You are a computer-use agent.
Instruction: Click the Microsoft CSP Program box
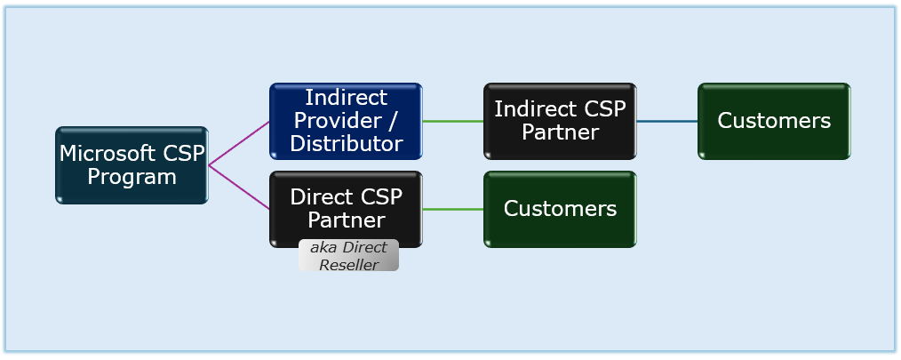point(132,165)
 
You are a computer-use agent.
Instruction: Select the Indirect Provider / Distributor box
point(346,121)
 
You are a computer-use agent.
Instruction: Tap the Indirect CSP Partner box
point(560,121)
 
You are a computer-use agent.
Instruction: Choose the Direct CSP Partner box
point(346,209)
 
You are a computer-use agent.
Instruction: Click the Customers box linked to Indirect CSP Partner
point(774,121)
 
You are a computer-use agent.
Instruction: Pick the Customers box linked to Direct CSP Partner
point(560,209)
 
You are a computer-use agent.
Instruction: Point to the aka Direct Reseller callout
point(348,255)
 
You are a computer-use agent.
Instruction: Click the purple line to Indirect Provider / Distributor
point(239,143)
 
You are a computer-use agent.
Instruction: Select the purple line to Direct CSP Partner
point(239,188)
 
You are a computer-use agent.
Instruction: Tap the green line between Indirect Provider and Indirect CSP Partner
point(453,121)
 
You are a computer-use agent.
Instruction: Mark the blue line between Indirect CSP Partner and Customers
point(667,121)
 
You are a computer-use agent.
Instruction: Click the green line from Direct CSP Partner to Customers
point(453,209)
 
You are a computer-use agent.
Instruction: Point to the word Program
point(132,177)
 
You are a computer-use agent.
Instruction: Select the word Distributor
point(346,143)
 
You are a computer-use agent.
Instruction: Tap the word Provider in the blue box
point(338,120)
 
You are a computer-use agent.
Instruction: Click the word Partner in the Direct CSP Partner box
point(346,220)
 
